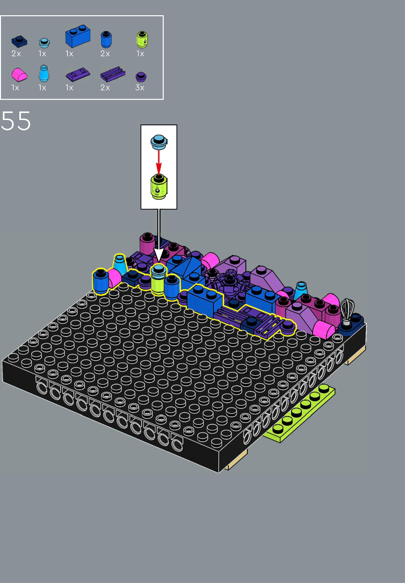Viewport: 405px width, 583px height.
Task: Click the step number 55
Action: point(16,121)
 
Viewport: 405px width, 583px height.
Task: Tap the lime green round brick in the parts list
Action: point(142,39)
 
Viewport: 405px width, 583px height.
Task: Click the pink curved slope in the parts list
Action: point(19,75)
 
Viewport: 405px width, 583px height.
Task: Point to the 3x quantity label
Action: point(140,88)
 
